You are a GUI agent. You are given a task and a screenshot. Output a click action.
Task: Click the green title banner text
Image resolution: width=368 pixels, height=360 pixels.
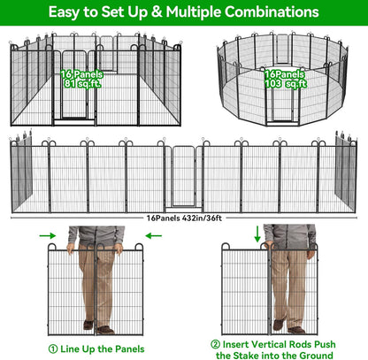(184, 12)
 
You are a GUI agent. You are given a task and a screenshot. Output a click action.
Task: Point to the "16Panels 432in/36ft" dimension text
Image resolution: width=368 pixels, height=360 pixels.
(183, 216)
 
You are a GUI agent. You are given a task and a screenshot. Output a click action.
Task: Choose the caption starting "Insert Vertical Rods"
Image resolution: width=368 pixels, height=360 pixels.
(280, 343)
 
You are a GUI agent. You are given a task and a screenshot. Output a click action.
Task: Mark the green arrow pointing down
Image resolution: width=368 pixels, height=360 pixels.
(257, 234)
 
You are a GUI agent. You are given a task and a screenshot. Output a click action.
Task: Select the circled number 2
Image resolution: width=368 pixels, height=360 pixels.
(215, 343)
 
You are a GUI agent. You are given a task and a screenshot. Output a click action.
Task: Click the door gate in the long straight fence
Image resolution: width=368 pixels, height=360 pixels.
(182, 177)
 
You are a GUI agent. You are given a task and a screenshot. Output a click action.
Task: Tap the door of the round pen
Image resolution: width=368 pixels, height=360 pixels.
(280, 110)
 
